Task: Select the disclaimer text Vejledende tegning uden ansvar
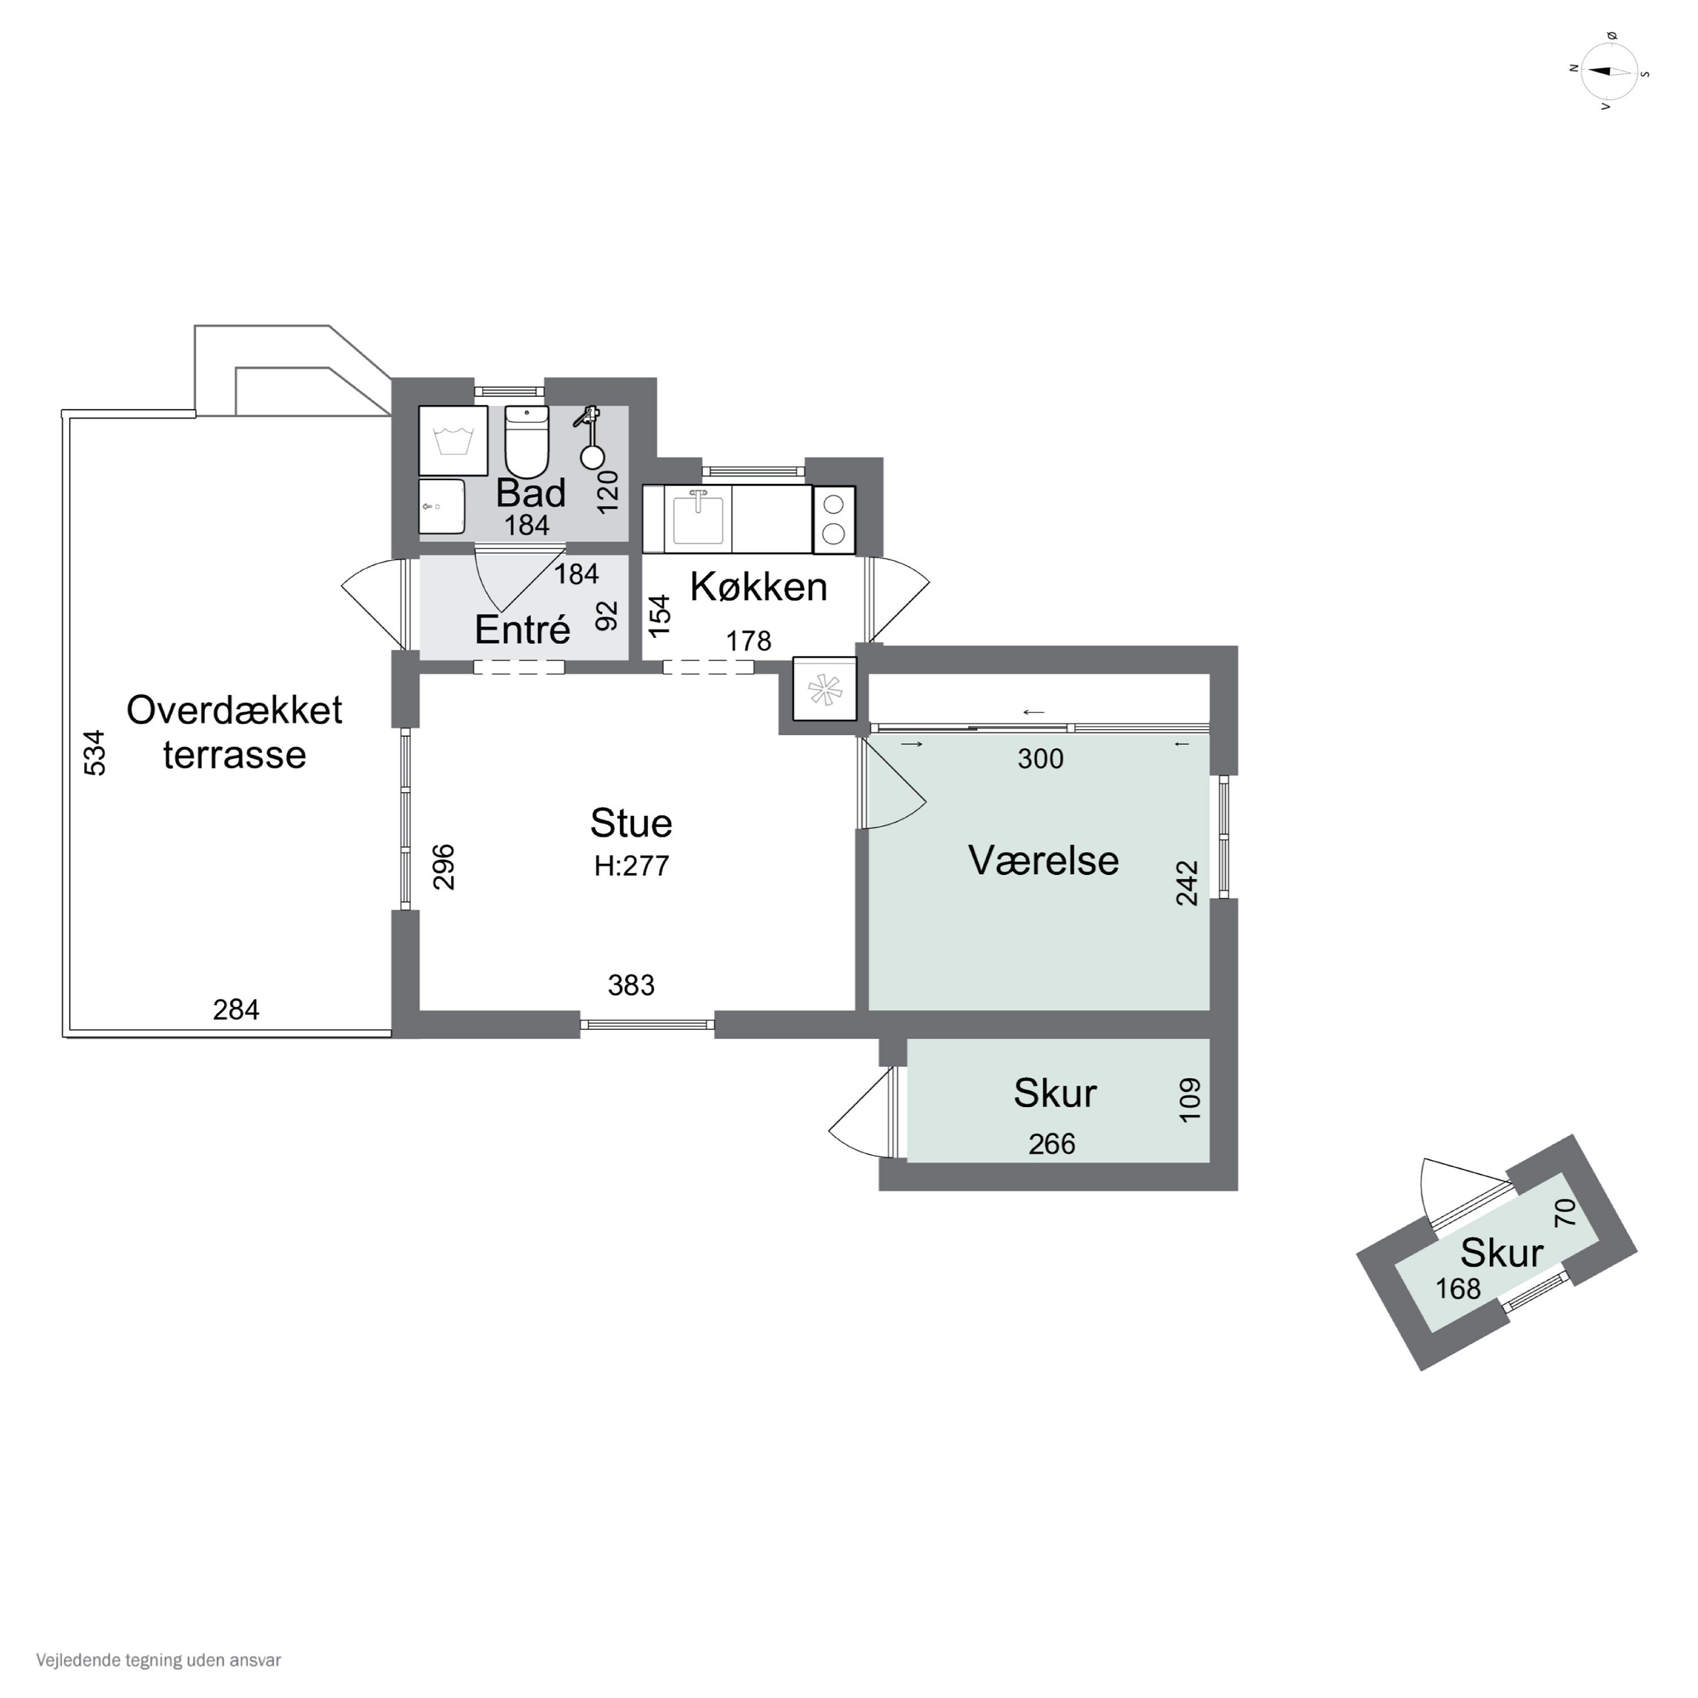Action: pos(159,1660)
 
